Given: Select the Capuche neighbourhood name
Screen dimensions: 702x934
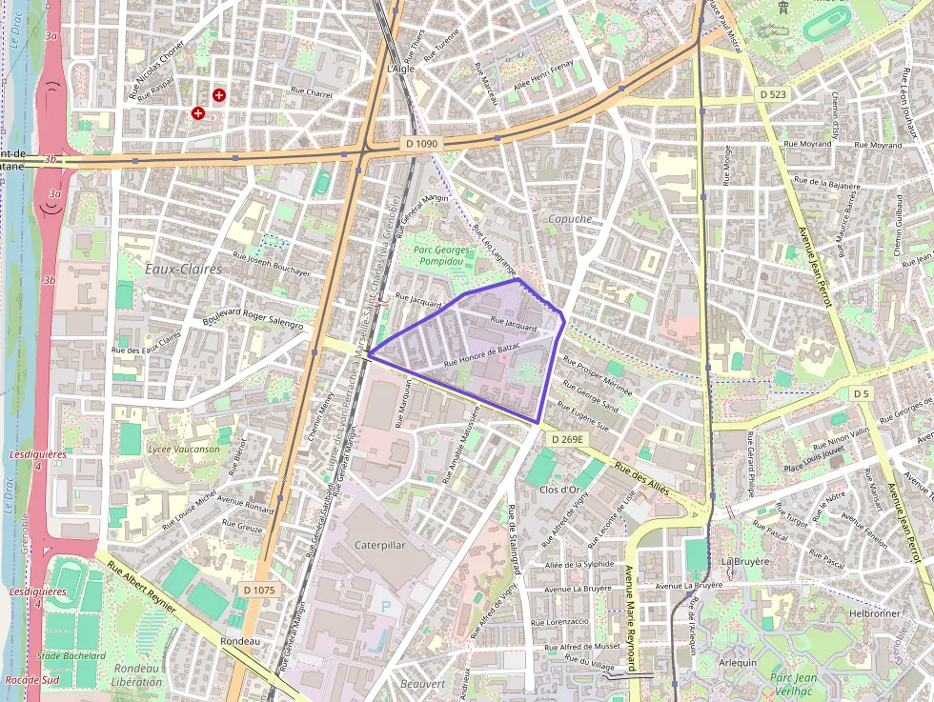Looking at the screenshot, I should (x=570, y=219).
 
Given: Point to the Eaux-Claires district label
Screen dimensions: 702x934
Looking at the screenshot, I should (x=183, y=270).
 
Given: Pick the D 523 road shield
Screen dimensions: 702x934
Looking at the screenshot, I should (x=774, y=94).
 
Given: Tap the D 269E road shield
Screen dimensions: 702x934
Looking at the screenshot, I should (x=566, y=439).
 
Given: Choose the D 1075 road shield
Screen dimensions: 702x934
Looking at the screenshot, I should (x=258, y=591).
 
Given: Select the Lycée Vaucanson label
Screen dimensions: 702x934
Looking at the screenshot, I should (x=184, y=449).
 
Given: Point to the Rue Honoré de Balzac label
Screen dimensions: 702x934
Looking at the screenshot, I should (x=482, y=355).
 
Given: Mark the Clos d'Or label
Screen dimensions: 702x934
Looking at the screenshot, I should (x=559, y=490).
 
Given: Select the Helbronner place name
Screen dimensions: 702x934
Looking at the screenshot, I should (x=874, y=613).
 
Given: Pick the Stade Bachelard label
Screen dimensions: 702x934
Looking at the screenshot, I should (x=71, y=656).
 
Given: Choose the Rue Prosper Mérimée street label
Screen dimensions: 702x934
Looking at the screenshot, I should (x=598, y=377).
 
